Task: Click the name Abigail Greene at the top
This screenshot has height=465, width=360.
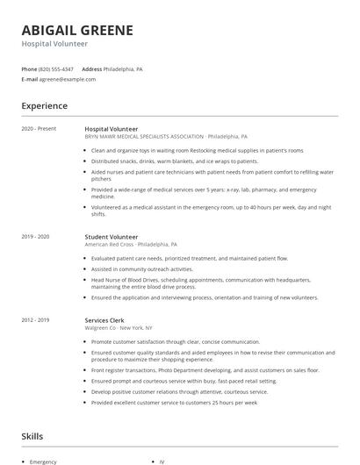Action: tap(77, 30)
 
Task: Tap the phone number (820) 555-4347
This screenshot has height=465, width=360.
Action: tap(57, 68)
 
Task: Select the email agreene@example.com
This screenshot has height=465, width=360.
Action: tap(68, 79)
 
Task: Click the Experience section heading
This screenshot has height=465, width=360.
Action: tap(44, 106)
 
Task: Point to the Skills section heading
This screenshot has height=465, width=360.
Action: tap(32, 436)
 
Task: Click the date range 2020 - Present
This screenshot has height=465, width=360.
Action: tap(39, 129)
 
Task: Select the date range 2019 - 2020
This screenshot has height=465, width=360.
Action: tap(35, 237)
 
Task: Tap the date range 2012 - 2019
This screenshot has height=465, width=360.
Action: tap(35, 320)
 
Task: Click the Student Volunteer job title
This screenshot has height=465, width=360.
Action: tap(111, 237)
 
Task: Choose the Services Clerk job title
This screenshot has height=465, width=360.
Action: tap(105, 320)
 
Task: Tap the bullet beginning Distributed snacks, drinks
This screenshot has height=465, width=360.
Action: tap(174, 161)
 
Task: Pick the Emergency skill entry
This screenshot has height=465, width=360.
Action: tap(43, 461)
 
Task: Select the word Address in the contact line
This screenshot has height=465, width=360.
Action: tap(91, 68)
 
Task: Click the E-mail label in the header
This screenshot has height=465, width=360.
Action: tap(30, 79)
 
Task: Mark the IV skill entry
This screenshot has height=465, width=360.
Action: tap(162, 461)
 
